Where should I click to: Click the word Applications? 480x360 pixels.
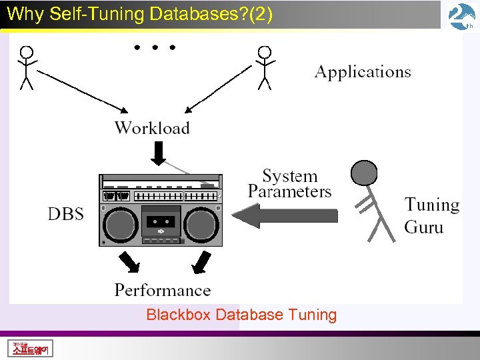(363, 72)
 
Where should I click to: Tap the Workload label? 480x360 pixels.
(152, 128)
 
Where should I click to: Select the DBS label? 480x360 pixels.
(66, 214)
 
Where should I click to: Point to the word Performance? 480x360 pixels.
(163, 290)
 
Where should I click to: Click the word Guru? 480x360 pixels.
(423, 227)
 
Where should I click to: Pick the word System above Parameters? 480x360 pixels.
(289, 176)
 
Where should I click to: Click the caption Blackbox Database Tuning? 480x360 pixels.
(241, 315)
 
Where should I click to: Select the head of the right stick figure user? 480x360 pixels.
(265, 51)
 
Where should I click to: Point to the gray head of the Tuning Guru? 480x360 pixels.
(365, 173)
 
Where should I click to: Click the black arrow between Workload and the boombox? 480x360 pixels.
(158, 155)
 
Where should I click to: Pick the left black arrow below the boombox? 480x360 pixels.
(128, 263)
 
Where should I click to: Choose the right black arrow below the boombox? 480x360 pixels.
(201, 263)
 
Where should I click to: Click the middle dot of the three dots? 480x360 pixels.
(155, 47)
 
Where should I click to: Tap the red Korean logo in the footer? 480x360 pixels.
(31, 349)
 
